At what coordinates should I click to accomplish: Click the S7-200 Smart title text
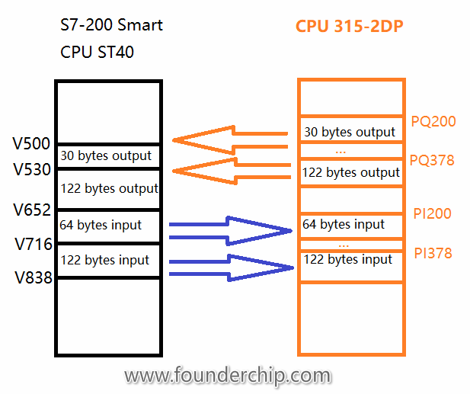click(x=111, y=25)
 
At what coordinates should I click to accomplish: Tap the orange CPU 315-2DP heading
click(x=350, y=27)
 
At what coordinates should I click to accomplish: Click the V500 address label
click(x=31, y=144)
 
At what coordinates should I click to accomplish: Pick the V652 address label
click(x=31, y=210)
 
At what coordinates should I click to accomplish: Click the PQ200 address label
click(x=432, y=121)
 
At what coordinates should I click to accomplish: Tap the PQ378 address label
click(x=432, y=160)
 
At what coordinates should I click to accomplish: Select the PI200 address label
click(x=431, y=213)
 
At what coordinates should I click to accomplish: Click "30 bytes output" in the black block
click(x=106, y=156)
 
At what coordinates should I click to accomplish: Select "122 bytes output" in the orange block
click(x=350, y=173)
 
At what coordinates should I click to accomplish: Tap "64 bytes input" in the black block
click(x=100, y=225)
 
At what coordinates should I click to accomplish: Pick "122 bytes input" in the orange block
click(x=347, y=260)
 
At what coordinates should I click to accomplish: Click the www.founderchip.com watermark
click(x=227, y=376)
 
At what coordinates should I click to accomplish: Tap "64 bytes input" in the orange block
click(x=344, y=225)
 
